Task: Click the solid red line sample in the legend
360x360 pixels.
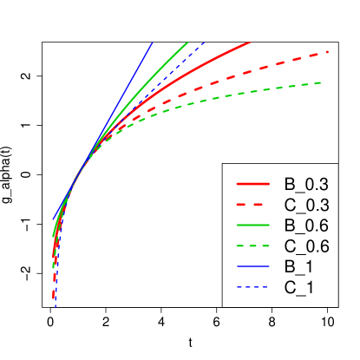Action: point(252,184)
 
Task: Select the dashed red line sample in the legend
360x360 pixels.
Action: point(252,205)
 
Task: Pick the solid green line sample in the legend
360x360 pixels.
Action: point(252,225)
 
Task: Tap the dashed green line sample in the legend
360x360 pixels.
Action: point(252,245)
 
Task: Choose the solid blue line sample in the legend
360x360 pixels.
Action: point(252,266)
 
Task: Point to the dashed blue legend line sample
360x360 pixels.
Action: point(252,286)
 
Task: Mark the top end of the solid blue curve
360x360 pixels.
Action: point(152,43)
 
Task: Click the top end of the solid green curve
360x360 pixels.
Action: point(187,43)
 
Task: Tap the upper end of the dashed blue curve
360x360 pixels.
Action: point(204,43)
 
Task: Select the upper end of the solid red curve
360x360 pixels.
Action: point(250,43)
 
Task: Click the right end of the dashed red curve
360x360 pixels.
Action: point(328,52)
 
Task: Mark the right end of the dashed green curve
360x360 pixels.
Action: point(322,82)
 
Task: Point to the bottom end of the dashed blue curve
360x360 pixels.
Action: point(56,305)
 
